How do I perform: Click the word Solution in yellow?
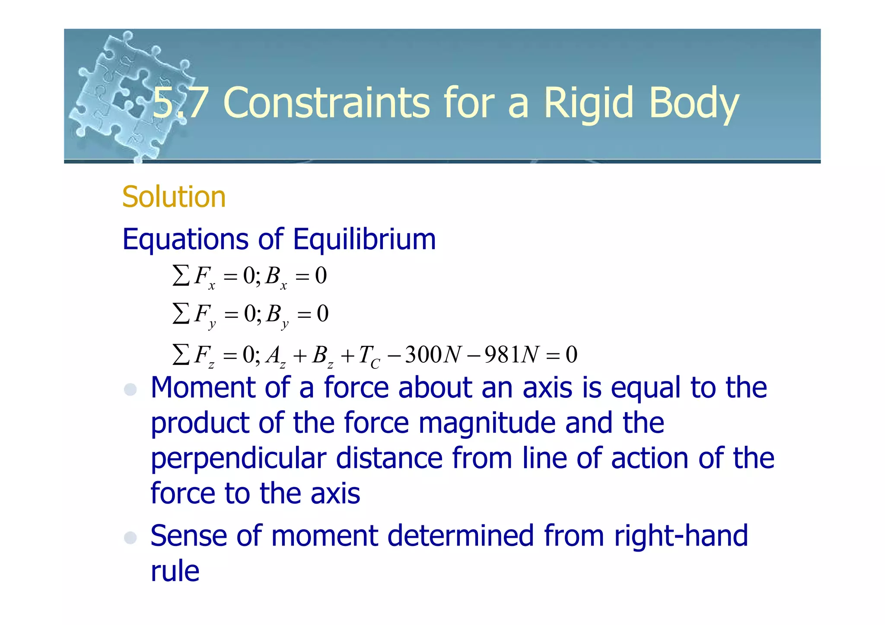pyautogui.click(x=174, y=197)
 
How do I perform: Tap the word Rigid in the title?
pyautogui.click(x=590, y=103)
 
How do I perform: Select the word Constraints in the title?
pyautogui.click(x=326, y=103)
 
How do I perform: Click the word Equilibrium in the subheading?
pyautogui.click(x=364, y=239)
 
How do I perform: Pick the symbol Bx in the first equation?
pyautogui.click(x=276, y=277)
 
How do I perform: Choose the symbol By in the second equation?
pyautogui.click(x=277, y=315)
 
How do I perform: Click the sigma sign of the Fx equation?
pyautogui.click(x=181, y=275)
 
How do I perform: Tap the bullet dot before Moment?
pyautogui.click(x=130, y=390)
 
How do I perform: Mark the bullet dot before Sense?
pyautogui.click(x=130, y=538)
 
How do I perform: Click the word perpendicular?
pyautogui.click(x=238, y=459)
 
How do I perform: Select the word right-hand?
pyautogui.click(x=681, y=536)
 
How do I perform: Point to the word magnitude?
pyautogui.click(x=487, y=423)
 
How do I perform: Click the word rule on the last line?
pyautogui.click(x=175, y=571)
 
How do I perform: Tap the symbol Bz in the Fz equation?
pyautogui.click(x=322, y=356)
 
